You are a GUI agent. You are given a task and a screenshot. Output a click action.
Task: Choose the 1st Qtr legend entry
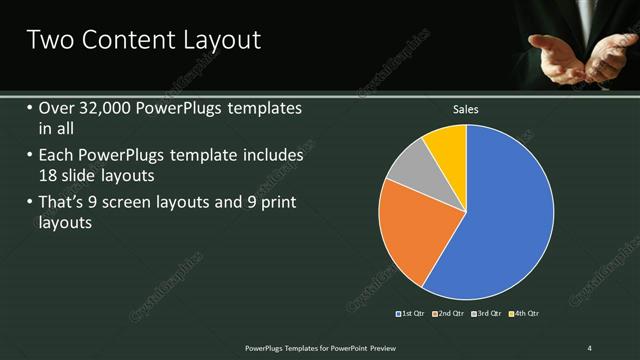pyautogui.click(x=411, y=314)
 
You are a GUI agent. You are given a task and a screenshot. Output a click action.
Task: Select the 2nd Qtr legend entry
pyautogui.click(x=449, y=314)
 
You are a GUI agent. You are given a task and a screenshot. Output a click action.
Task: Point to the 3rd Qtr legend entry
pyautogui.click(x=487, y=314)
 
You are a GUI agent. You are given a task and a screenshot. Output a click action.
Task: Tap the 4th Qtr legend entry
pyautogui.click(x=524, y=314)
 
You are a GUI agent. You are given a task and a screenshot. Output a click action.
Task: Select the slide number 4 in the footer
pyautogui.click(x=590, y=347)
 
